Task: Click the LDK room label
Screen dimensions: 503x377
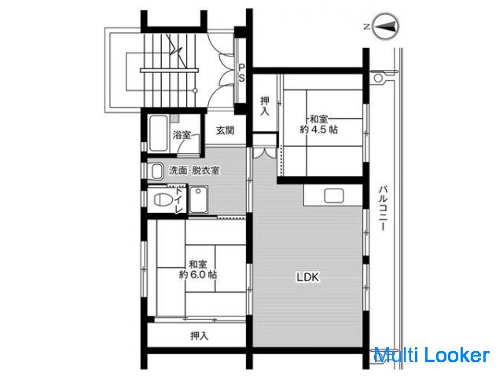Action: [307, 277]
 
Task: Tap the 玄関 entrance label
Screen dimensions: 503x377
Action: [225, 130]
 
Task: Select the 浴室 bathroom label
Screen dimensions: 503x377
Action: [182, 135]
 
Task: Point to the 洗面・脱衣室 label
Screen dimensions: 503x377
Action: [194, 170]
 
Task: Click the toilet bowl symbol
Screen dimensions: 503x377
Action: [163, 199]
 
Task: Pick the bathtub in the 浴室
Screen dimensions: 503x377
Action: [159, 134]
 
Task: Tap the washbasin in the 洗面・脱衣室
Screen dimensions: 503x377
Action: [156, 171]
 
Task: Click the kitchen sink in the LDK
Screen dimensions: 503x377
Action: [333, 196]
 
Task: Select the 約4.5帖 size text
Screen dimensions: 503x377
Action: [318, 130]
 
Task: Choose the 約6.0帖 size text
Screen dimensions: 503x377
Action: [197, 274]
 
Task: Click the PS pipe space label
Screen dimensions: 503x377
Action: [241, 73]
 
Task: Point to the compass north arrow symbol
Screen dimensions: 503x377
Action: [387, 26]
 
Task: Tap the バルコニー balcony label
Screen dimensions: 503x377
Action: [383, 207]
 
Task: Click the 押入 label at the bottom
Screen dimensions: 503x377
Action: [199, 335]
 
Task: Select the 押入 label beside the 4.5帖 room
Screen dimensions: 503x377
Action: [265, 106]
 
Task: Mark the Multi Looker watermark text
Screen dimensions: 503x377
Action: [431, 356]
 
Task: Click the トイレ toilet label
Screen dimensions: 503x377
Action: [178, 201]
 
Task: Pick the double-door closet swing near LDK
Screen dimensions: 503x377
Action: [264, 152]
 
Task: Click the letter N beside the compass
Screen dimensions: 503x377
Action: [367, 27]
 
